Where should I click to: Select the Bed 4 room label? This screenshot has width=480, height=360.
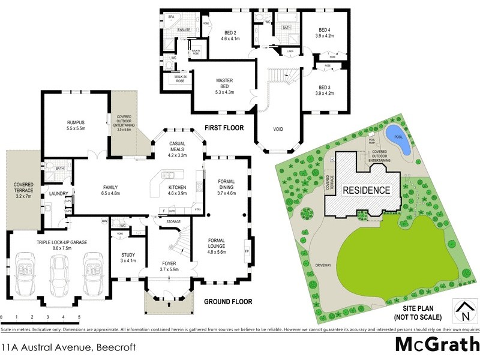325,33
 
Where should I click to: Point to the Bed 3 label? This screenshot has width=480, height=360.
325,90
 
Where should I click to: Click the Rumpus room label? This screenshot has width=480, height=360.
76,125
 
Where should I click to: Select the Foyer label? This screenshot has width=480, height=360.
169,266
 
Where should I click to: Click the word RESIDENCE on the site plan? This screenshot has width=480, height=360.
366,191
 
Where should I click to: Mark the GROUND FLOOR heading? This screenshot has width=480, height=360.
228,301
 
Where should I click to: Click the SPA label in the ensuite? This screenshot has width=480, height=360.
171,17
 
